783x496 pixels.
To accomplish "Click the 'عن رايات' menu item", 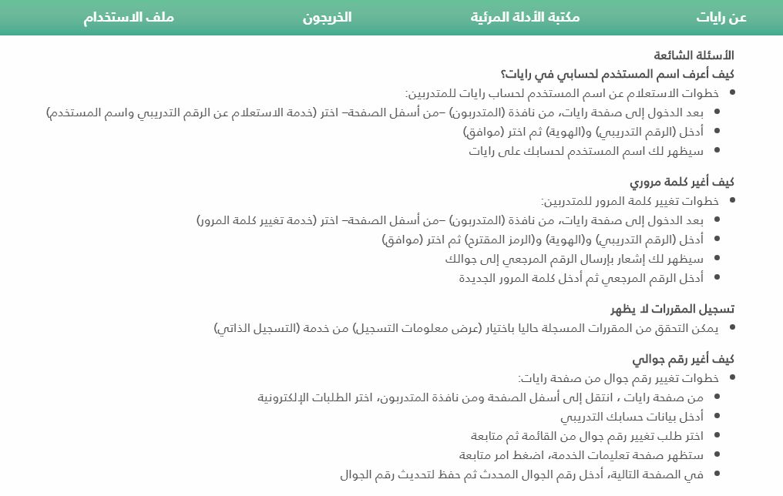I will click(x=721, y=17).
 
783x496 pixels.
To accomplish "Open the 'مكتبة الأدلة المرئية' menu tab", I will click(x=525, y=17).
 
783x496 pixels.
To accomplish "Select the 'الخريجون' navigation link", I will click(x=327, y=17).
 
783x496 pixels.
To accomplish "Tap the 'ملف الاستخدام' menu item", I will click(x=129, y=17).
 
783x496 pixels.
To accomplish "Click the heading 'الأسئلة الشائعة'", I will click(x=694, y=55).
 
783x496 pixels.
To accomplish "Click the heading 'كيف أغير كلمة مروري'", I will click(x=681, y=183).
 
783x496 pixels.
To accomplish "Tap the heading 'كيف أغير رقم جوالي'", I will click(x=683, y=360).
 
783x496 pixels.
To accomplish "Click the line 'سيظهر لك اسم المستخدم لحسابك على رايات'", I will click(x=586, y=151).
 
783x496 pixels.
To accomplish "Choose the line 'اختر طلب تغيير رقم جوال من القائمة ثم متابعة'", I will click(x=586, y=436).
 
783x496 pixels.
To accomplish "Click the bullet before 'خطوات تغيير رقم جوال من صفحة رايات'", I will click(x=732, y=378).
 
